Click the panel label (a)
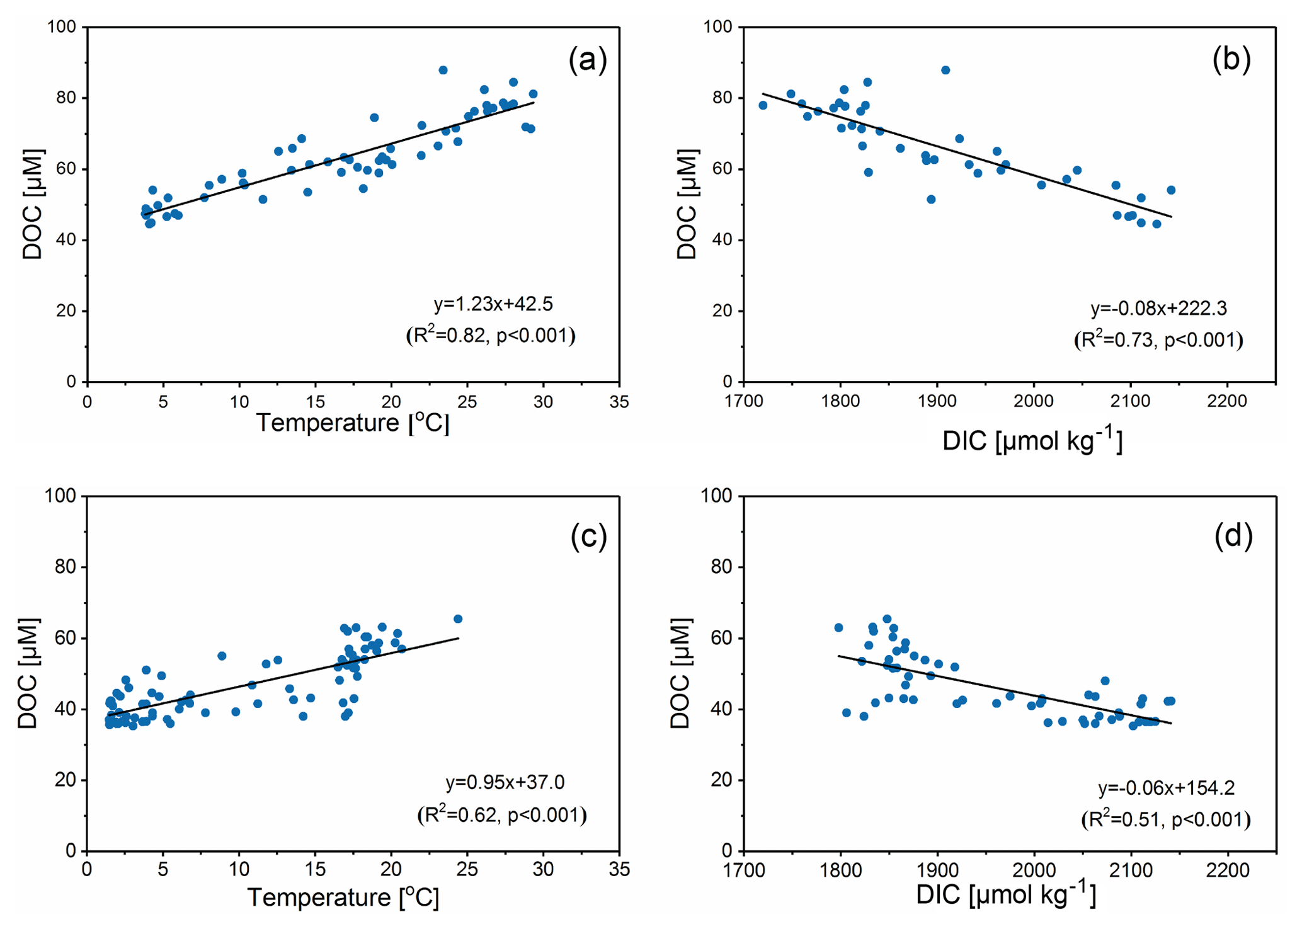click(587, 60)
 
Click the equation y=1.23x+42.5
click(493, 304)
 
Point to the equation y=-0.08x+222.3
click(1158, 308)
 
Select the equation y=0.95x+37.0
click(505, 782)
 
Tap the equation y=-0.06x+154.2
click(1166, 787)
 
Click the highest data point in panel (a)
click(443, 70)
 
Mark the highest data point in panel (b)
click(945, 70)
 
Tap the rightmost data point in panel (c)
click(458, 618)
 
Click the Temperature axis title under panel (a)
click(353, 423)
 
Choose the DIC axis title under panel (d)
click(1006, 895)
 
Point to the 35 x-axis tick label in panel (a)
click(619, 401)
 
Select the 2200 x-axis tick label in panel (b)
click(1227, 401)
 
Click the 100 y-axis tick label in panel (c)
click(60, 496)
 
